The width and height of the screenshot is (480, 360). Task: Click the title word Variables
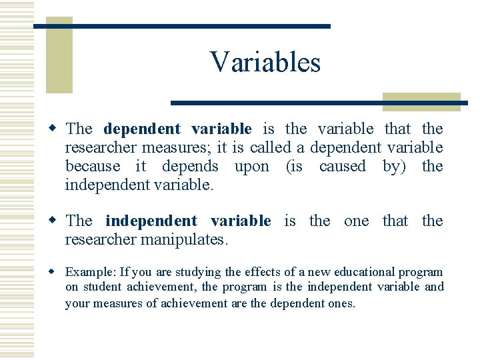click(x=265, y=62)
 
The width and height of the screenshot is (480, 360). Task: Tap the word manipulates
click(x=185, y=239)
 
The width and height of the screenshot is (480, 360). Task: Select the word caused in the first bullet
click(x=342, y=166)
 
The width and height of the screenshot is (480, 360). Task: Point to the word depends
click(x=191, y=166)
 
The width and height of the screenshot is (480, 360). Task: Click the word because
click(x=93, y=166)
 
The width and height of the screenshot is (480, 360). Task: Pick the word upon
click(x=251, y=167)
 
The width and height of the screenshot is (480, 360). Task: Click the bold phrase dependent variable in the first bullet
click(x=177, y=128)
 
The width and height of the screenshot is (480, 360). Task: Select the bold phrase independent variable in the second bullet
click(x=188, y=221)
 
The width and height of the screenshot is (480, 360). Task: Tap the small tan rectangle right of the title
click(x=421, y=101)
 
